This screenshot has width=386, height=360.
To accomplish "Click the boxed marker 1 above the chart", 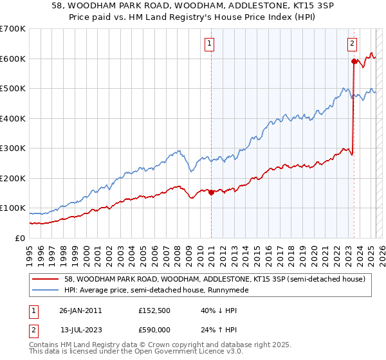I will tap(210, 44).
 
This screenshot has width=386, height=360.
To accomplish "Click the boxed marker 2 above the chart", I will tap(353, 44).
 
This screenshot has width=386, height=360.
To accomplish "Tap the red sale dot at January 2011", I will tap(211, 192).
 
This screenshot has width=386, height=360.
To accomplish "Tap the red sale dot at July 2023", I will tap(353, 62).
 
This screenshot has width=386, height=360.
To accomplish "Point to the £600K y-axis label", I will tap(12, 59).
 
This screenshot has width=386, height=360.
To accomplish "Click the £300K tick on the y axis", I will tap(12, 148).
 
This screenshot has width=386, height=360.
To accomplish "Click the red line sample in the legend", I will tap(44, 279).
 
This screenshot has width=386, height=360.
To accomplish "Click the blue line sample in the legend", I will tap(44, 290).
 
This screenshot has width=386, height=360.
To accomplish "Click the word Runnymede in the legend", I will tap(226, 290).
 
